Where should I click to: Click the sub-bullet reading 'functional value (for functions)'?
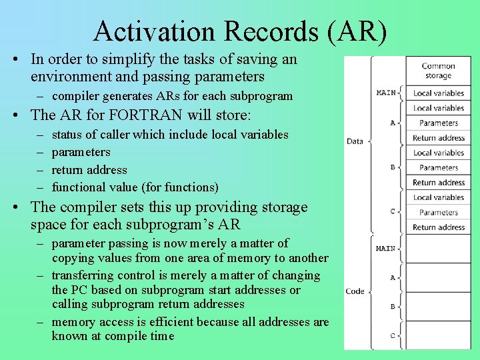tap(135, 187)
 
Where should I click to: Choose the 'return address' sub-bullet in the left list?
tap(89, 169)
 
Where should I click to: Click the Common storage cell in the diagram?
tap(438, 71)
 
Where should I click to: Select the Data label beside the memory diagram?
tap(355, 141)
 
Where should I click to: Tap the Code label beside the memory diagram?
tap(355, 291)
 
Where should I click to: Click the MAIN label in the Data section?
tap(385, 93)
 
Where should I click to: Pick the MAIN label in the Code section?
tap(385, 249)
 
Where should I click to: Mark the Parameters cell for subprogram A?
tap(438, 123)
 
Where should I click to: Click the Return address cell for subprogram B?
tap(438, 183)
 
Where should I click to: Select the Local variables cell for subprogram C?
tap(438, 197)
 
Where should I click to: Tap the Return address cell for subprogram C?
tap(438, 227)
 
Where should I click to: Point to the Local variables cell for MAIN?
tap(438, 93)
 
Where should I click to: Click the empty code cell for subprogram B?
tap(438, 306)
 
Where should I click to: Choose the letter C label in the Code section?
tap(393, 335)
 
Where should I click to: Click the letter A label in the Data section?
tap(393, 123)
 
